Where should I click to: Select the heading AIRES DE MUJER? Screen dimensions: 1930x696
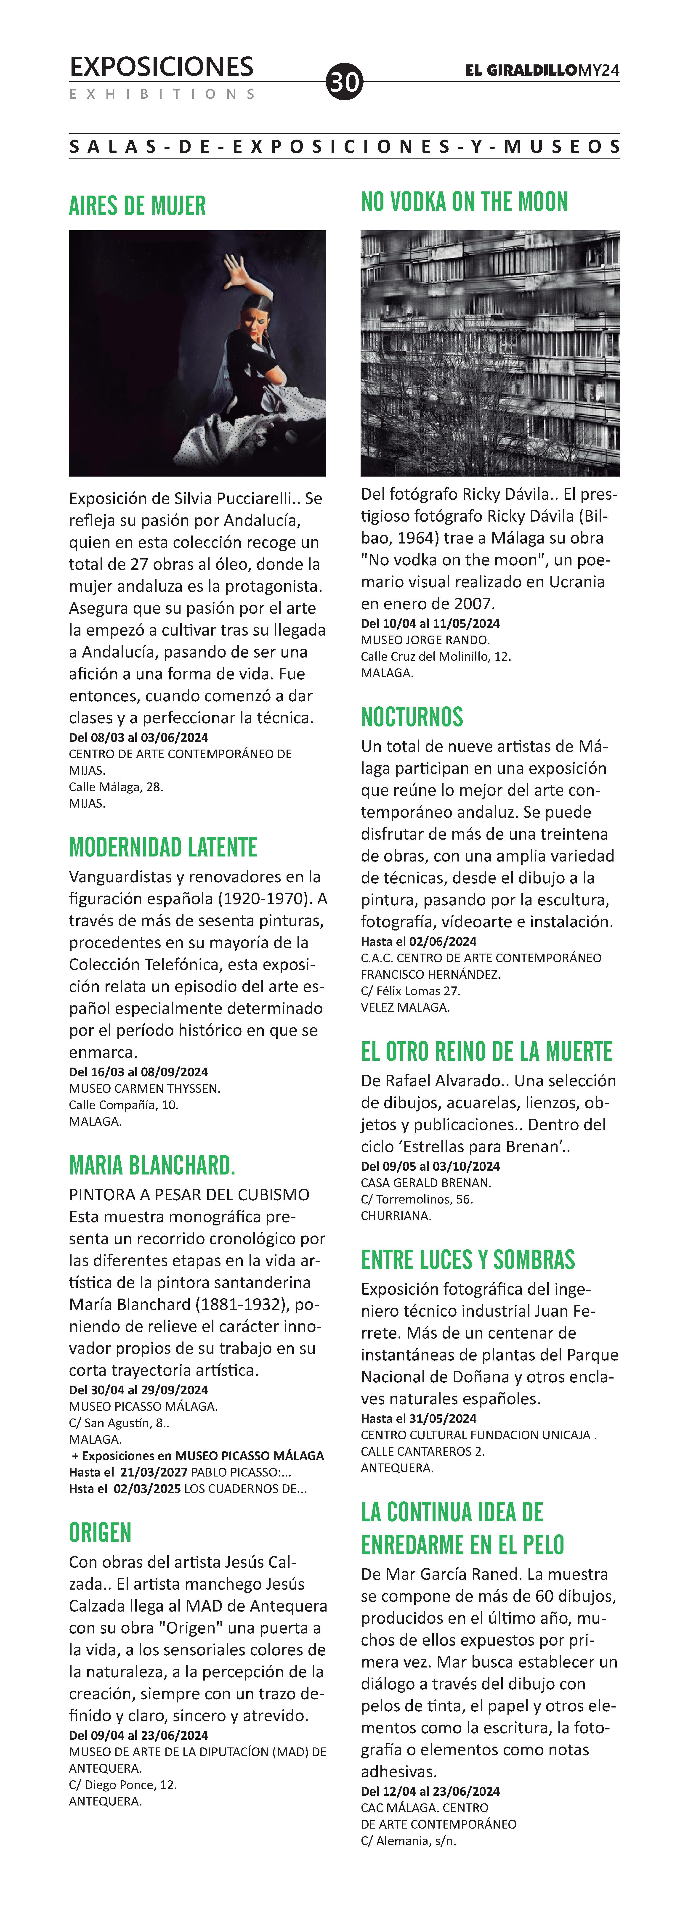(x=137, y=205)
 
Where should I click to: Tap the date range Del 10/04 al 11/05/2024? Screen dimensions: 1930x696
(x=430, y=623)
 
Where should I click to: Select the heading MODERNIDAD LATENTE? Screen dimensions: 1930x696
(x=162, y=847)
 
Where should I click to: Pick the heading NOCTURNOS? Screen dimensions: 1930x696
(x=412, y=717)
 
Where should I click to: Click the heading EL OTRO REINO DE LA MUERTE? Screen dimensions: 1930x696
(x=486, y=1052)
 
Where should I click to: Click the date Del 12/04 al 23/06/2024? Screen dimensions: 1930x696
(x=430, y=1791)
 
